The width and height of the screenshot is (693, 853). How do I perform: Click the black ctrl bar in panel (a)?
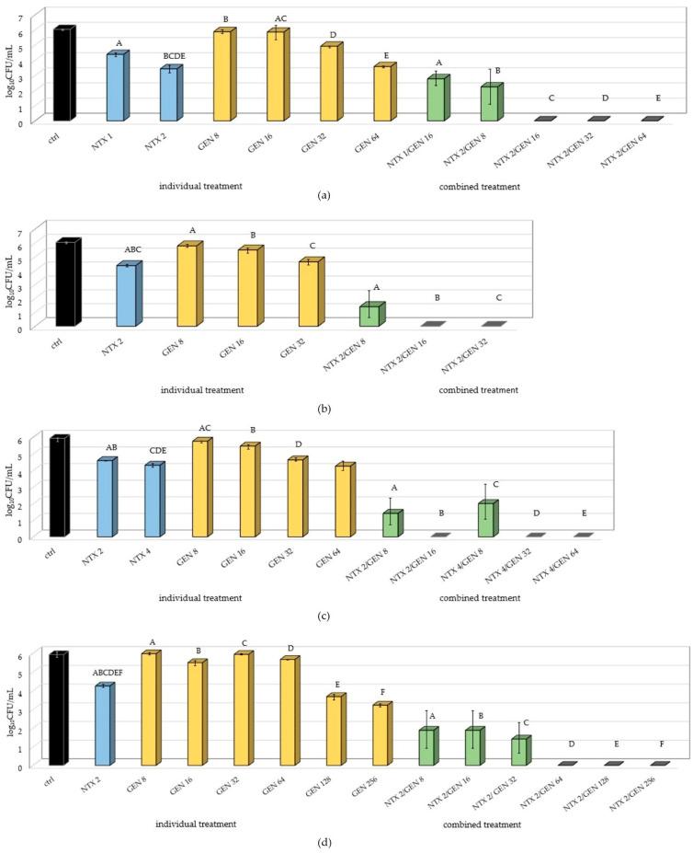tap(62, 75)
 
